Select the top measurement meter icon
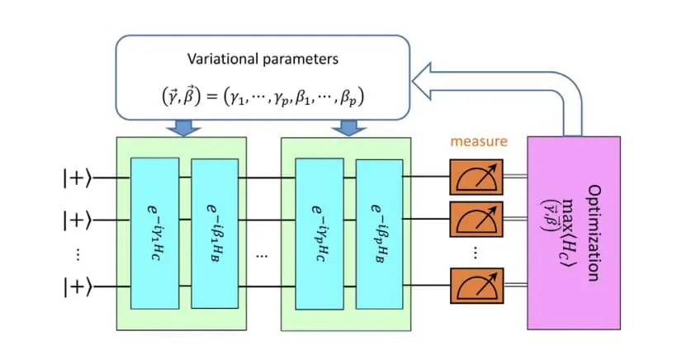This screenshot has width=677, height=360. [476, 176]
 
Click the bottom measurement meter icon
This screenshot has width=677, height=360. [476, 287]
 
